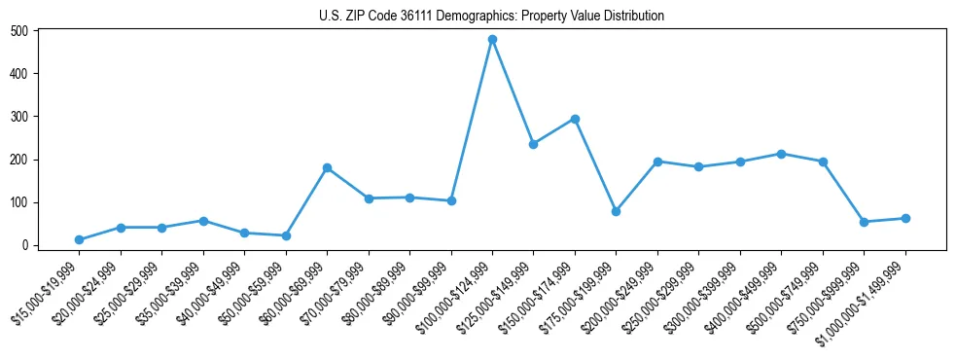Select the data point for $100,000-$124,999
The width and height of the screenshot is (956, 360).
[x=492, y=39]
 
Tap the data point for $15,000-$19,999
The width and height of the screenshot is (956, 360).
[x=79, y=239]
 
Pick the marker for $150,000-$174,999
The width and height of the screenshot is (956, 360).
[x=575, y=119]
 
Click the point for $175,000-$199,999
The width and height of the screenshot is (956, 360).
[x=616, y=211]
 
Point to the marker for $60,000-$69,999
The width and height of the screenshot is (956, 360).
[x=327, y=167]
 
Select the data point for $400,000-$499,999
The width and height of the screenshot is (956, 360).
[x=782, y=154]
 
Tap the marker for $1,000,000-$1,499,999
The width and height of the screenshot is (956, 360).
[x=905, y=218]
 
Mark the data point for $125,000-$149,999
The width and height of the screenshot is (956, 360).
[x=533, y=144]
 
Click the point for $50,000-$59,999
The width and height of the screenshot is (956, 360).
[x=286, y=235]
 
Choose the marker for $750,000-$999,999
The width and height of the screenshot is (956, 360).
[x=865, y=222]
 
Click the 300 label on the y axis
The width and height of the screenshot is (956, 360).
[x=18, y=116]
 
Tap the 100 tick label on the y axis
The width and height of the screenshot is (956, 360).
[x=18, y=202]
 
